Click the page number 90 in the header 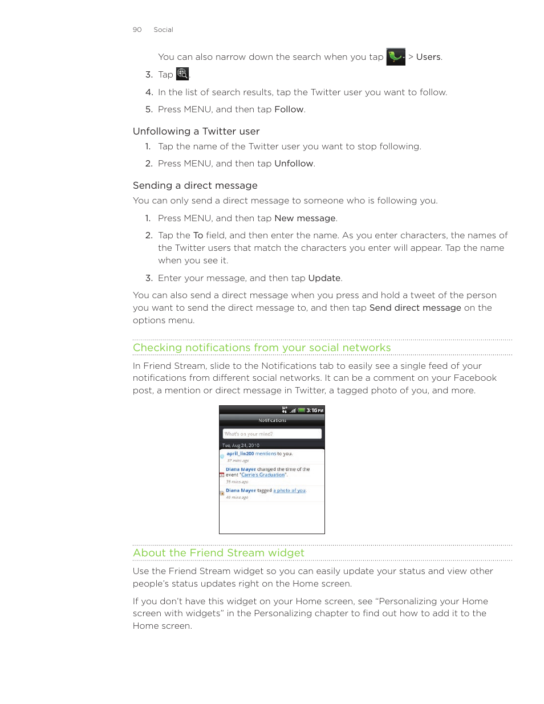pos(137,30)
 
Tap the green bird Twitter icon pos(395,57)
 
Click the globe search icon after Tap pos(182,74)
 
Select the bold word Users pos(428,57)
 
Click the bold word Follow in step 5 pos(289,109)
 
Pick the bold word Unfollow pos(294,164)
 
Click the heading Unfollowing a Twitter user pos(196,131)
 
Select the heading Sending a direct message pos(195,185)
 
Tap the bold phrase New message pos(305,218)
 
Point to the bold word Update pos(324,278)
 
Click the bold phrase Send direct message pos(415,308)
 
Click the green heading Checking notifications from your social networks pos(262,348)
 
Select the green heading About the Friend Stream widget pos(218,553)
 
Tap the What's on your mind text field pos(271,434)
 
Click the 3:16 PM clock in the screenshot pos(314,410)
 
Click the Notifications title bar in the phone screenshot pos(272,421)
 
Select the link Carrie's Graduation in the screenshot pos(263,475)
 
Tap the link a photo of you pos(289,491)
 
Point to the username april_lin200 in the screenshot pos(239,454)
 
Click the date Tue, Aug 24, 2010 pos(241,445)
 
